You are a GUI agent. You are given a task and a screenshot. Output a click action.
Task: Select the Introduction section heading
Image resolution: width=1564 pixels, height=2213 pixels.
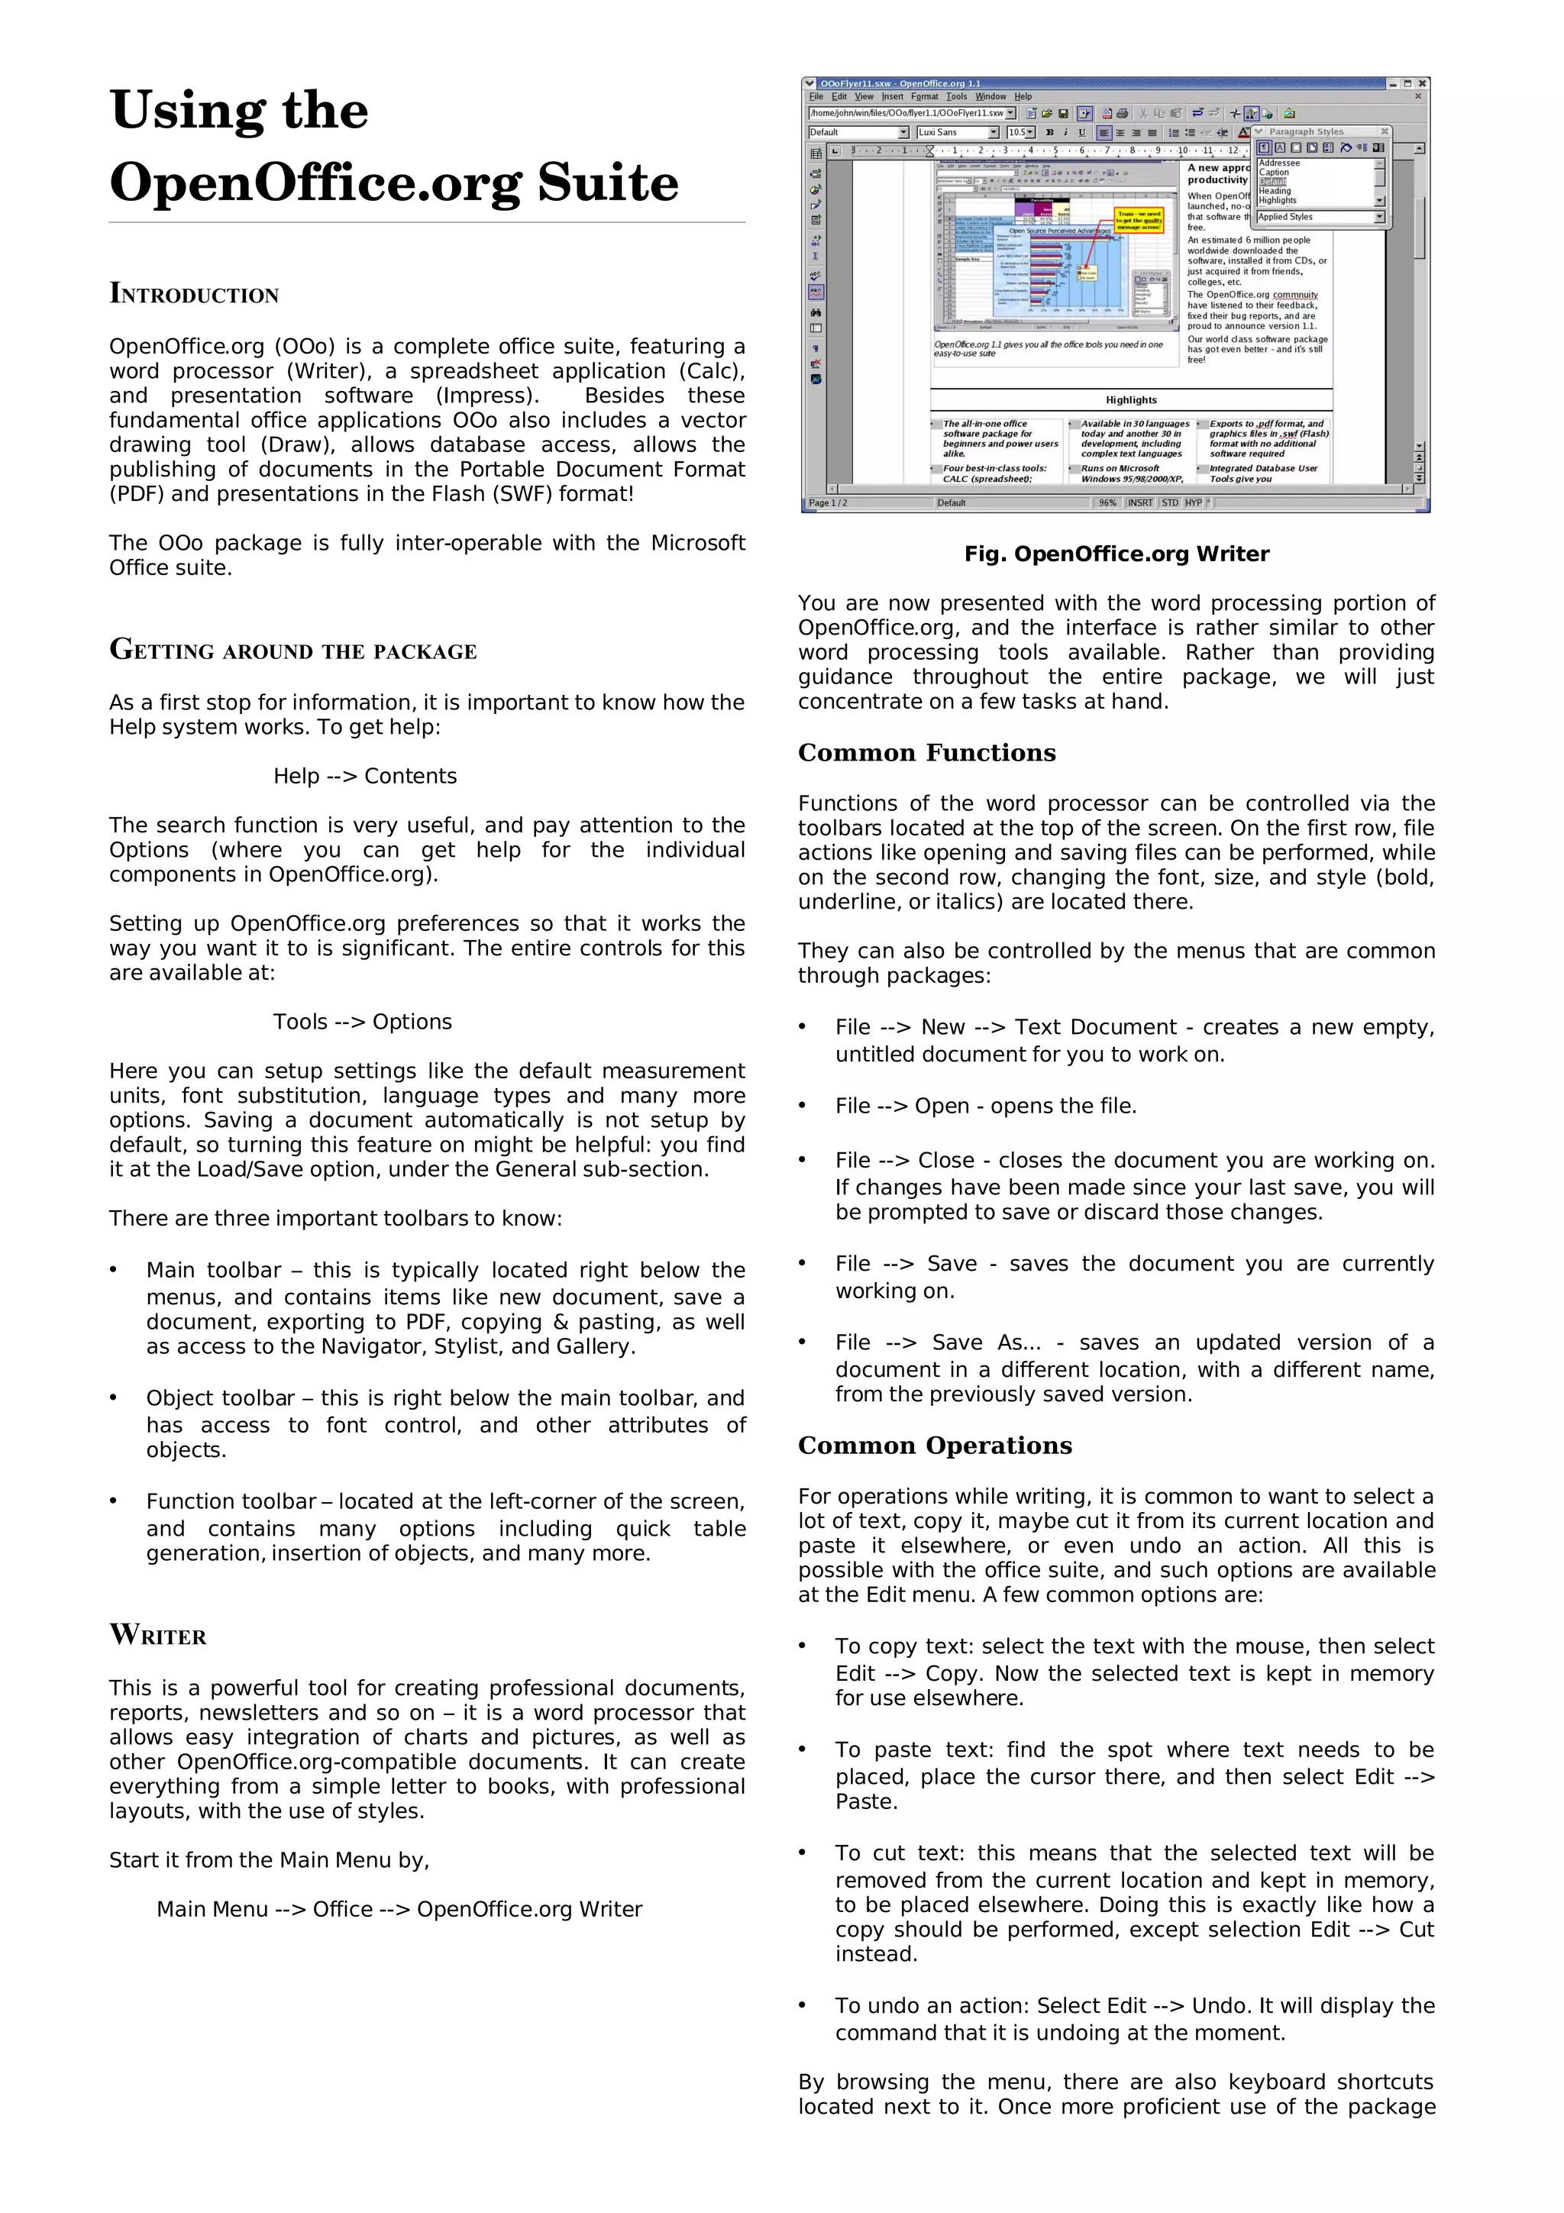click(194, 294)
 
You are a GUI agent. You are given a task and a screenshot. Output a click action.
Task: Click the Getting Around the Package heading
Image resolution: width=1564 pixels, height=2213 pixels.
click(293, 651)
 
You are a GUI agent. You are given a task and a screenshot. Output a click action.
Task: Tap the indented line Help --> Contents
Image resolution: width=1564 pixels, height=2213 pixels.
click(364, 776)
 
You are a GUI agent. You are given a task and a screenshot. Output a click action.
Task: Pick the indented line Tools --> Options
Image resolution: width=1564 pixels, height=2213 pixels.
click(362, 1022)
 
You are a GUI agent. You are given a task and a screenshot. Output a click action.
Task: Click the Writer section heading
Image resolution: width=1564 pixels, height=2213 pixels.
click(158, 1636)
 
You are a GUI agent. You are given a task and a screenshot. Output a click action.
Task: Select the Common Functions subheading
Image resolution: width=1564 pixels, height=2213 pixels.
click(926, 753)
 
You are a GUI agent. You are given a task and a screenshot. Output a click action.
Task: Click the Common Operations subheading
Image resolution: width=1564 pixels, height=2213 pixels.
click(934, 1446)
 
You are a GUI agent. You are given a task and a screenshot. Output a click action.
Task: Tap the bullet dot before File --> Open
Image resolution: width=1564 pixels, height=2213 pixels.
click(803, 1106)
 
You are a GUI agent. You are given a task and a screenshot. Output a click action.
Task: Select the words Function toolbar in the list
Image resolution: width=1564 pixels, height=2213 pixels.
click(231, 1501)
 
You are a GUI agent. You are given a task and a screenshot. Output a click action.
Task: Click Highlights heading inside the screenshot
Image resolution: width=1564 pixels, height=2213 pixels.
click(1130, 400)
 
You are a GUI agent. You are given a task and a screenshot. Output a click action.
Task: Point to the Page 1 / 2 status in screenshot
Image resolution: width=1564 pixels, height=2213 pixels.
click(828, 503)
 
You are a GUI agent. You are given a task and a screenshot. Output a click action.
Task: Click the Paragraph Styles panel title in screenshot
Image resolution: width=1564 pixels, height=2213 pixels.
click(1305, 132)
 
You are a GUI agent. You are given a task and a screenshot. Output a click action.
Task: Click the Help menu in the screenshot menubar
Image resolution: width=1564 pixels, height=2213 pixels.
click(1023, 96)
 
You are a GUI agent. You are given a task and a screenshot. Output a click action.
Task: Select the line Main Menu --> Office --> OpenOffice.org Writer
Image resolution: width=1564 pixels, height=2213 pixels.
click(399, 1909)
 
